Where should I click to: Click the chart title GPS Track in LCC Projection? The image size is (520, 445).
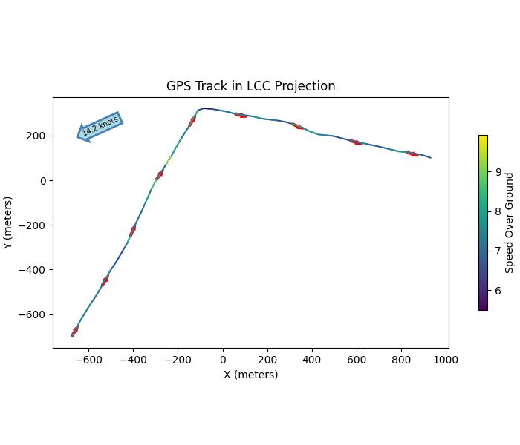pyautogui.click(x=250, y=86)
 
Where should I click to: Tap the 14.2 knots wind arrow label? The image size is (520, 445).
pyautogui.click(x=100, y=126)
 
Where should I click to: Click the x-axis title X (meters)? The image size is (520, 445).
pyautogui.click(x=250, y=375)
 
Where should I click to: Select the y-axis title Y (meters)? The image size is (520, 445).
pyautogui.click(x=8, y=222)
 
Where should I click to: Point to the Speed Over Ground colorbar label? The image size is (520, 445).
pyautogui.click(x=510, y=222)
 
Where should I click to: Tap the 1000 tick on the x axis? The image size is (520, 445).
pyautogui.click(x=446, y=359)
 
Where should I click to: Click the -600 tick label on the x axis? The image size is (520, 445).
pyautogui.click(x=88, y=359)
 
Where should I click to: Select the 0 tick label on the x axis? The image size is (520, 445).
pyautogui.click(x=223, y=359)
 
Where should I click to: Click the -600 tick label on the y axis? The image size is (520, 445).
pyautogui.click(x=34, y=314)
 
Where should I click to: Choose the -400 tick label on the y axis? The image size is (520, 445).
pyautogui.click(x=34, y=270)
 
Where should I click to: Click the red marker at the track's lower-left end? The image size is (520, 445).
pyautogui.click(x=74, y=331)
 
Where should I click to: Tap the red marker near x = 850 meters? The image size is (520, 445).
pyautogui.click(x=412, y=154)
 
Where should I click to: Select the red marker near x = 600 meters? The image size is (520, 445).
pyautogui.click(x=357, y=142)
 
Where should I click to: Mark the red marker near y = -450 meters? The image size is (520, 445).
pyautogui.click(x=105, y=280)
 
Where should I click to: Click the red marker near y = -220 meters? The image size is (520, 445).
pyautogui.click(x=132, y=231)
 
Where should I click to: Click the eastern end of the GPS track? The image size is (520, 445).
pyautogui.click(x=431, y=158)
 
